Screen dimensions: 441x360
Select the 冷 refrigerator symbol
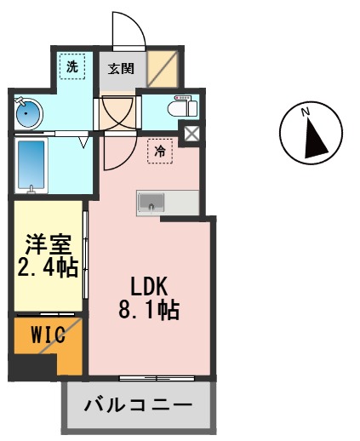pos(160,151)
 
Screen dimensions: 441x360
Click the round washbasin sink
pos(29,112)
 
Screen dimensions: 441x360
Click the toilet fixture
pos(183,108)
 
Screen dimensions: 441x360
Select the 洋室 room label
pos(49,244)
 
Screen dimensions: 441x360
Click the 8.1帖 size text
pos(148,310)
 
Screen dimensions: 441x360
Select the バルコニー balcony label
pos(137,405)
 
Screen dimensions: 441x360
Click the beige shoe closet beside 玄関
pos(161,68)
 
